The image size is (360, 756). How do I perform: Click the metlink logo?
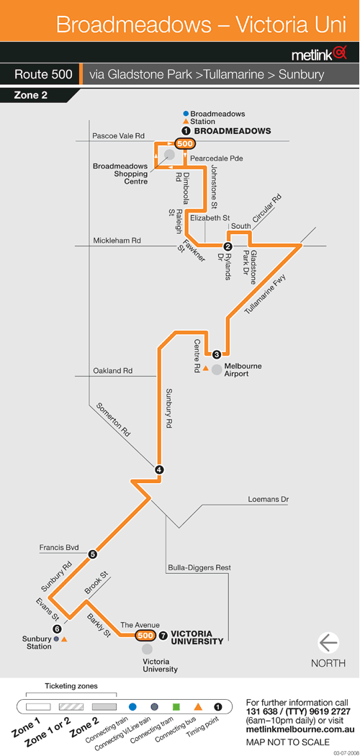pos(319,53)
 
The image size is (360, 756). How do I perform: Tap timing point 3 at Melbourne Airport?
pos(217,354)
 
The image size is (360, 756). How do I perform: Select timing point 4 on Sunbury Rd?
pos(159,469)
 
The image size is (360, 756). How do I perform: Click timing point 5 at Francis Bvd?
pos(93,554)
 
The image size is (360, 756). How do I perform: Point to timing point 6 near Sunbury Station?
pos(58,629)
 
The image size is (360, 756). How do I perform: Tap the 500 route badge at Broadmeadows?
pos(185,144)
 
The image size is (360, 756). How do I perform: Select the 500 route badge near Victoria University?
pos(145,636)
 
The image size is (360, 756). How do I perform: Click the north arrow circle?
pos(328,643)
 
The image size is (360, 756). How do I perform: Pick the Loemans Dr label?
pos(269,500)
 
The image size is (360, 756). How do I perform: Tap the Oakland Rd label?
pos(112,371)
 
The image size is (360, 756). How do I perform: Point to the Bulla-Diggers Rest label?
pos(199,568)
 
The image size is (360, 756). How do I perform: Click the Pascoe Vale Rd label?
pos(118,137)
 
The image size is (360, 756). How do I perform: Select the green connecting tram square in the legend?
pos(176,707)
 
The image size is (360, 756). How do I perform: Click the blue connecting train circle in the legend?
pos(133,707)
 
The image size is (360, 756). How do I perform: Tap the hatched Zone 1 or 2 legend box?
pos(71,707)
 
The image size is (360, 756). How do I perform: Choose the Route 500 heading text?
pos(43,75)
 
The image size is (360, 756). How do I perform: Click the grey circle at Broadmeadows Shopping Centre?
pos(170,154)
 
